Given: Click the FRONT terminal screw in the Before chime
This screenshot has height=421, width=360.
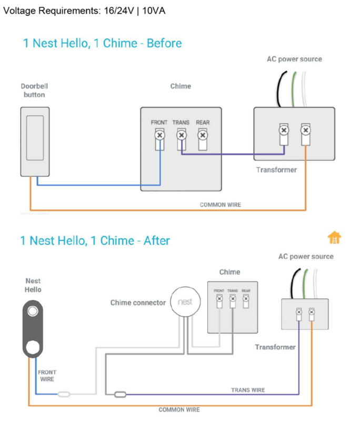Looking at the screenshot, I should (159, 135).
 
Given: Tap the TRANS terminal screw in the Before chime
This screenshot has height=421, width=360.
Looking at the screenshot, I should (181, 135).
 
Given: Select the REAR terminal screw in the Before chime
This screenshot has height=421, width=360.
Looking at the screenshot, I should (203, 135).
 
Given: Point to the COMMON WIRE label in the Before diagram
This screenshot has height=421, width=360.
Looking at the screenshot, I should (220, 205).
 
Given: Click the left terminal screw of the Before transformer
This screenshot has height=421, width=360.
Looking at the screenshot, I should (283, 129).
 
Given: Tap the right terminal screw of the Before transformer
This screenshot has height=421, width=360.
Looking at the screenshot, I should (305, 129).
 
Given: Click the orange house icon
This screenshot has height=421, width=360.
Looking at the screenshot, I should (334, 238).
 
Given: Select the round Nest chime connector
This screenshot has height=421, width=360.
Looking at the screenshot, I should (185, 302).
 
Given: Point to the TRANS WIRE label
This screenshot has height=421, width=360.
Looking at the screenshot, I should (248, 390).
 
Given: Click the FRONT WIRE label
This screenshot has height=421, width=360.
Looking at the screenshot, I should (47, 376).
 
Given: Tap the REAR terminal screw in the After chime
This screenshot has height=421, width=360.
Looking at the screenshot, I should (246, 298).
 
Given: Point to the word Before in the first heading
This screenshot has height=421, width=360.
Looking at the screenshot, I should (164, 43).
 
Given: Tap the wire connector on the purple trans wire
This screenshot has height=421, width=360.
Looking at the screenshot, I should (119, 394).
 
